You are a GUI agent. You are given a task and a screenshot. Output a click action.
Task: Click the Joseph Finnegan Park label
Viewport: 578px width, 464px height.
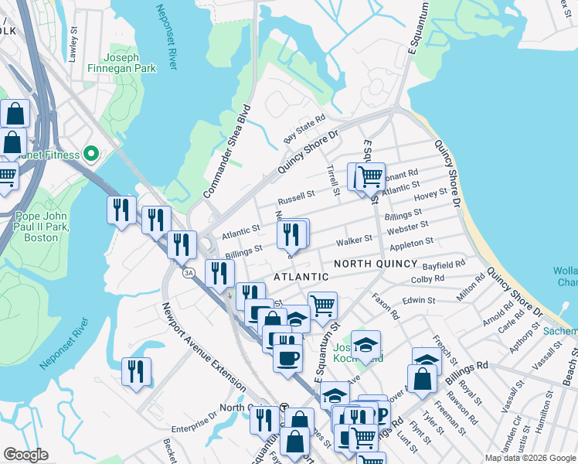click(130, 63)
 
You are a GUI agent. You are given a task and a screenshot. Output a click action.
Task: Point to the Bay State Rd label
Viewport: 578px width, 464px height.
click(304, 129)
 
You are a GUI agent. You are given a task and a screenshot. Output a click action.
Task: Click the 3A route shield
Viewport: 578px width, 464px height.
click(188, 272)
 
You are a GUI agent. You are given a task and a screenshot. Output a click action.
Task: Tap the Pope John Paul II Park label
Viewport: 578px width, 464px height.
click(42, 227)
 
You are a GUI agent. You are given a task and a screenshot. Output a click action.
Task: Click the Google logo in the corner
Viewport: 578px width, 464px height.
click(26, 455)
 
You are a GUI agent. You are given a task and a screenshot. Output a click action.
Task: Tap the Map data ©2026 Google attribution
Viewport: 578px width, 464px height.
click(530, 458)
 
